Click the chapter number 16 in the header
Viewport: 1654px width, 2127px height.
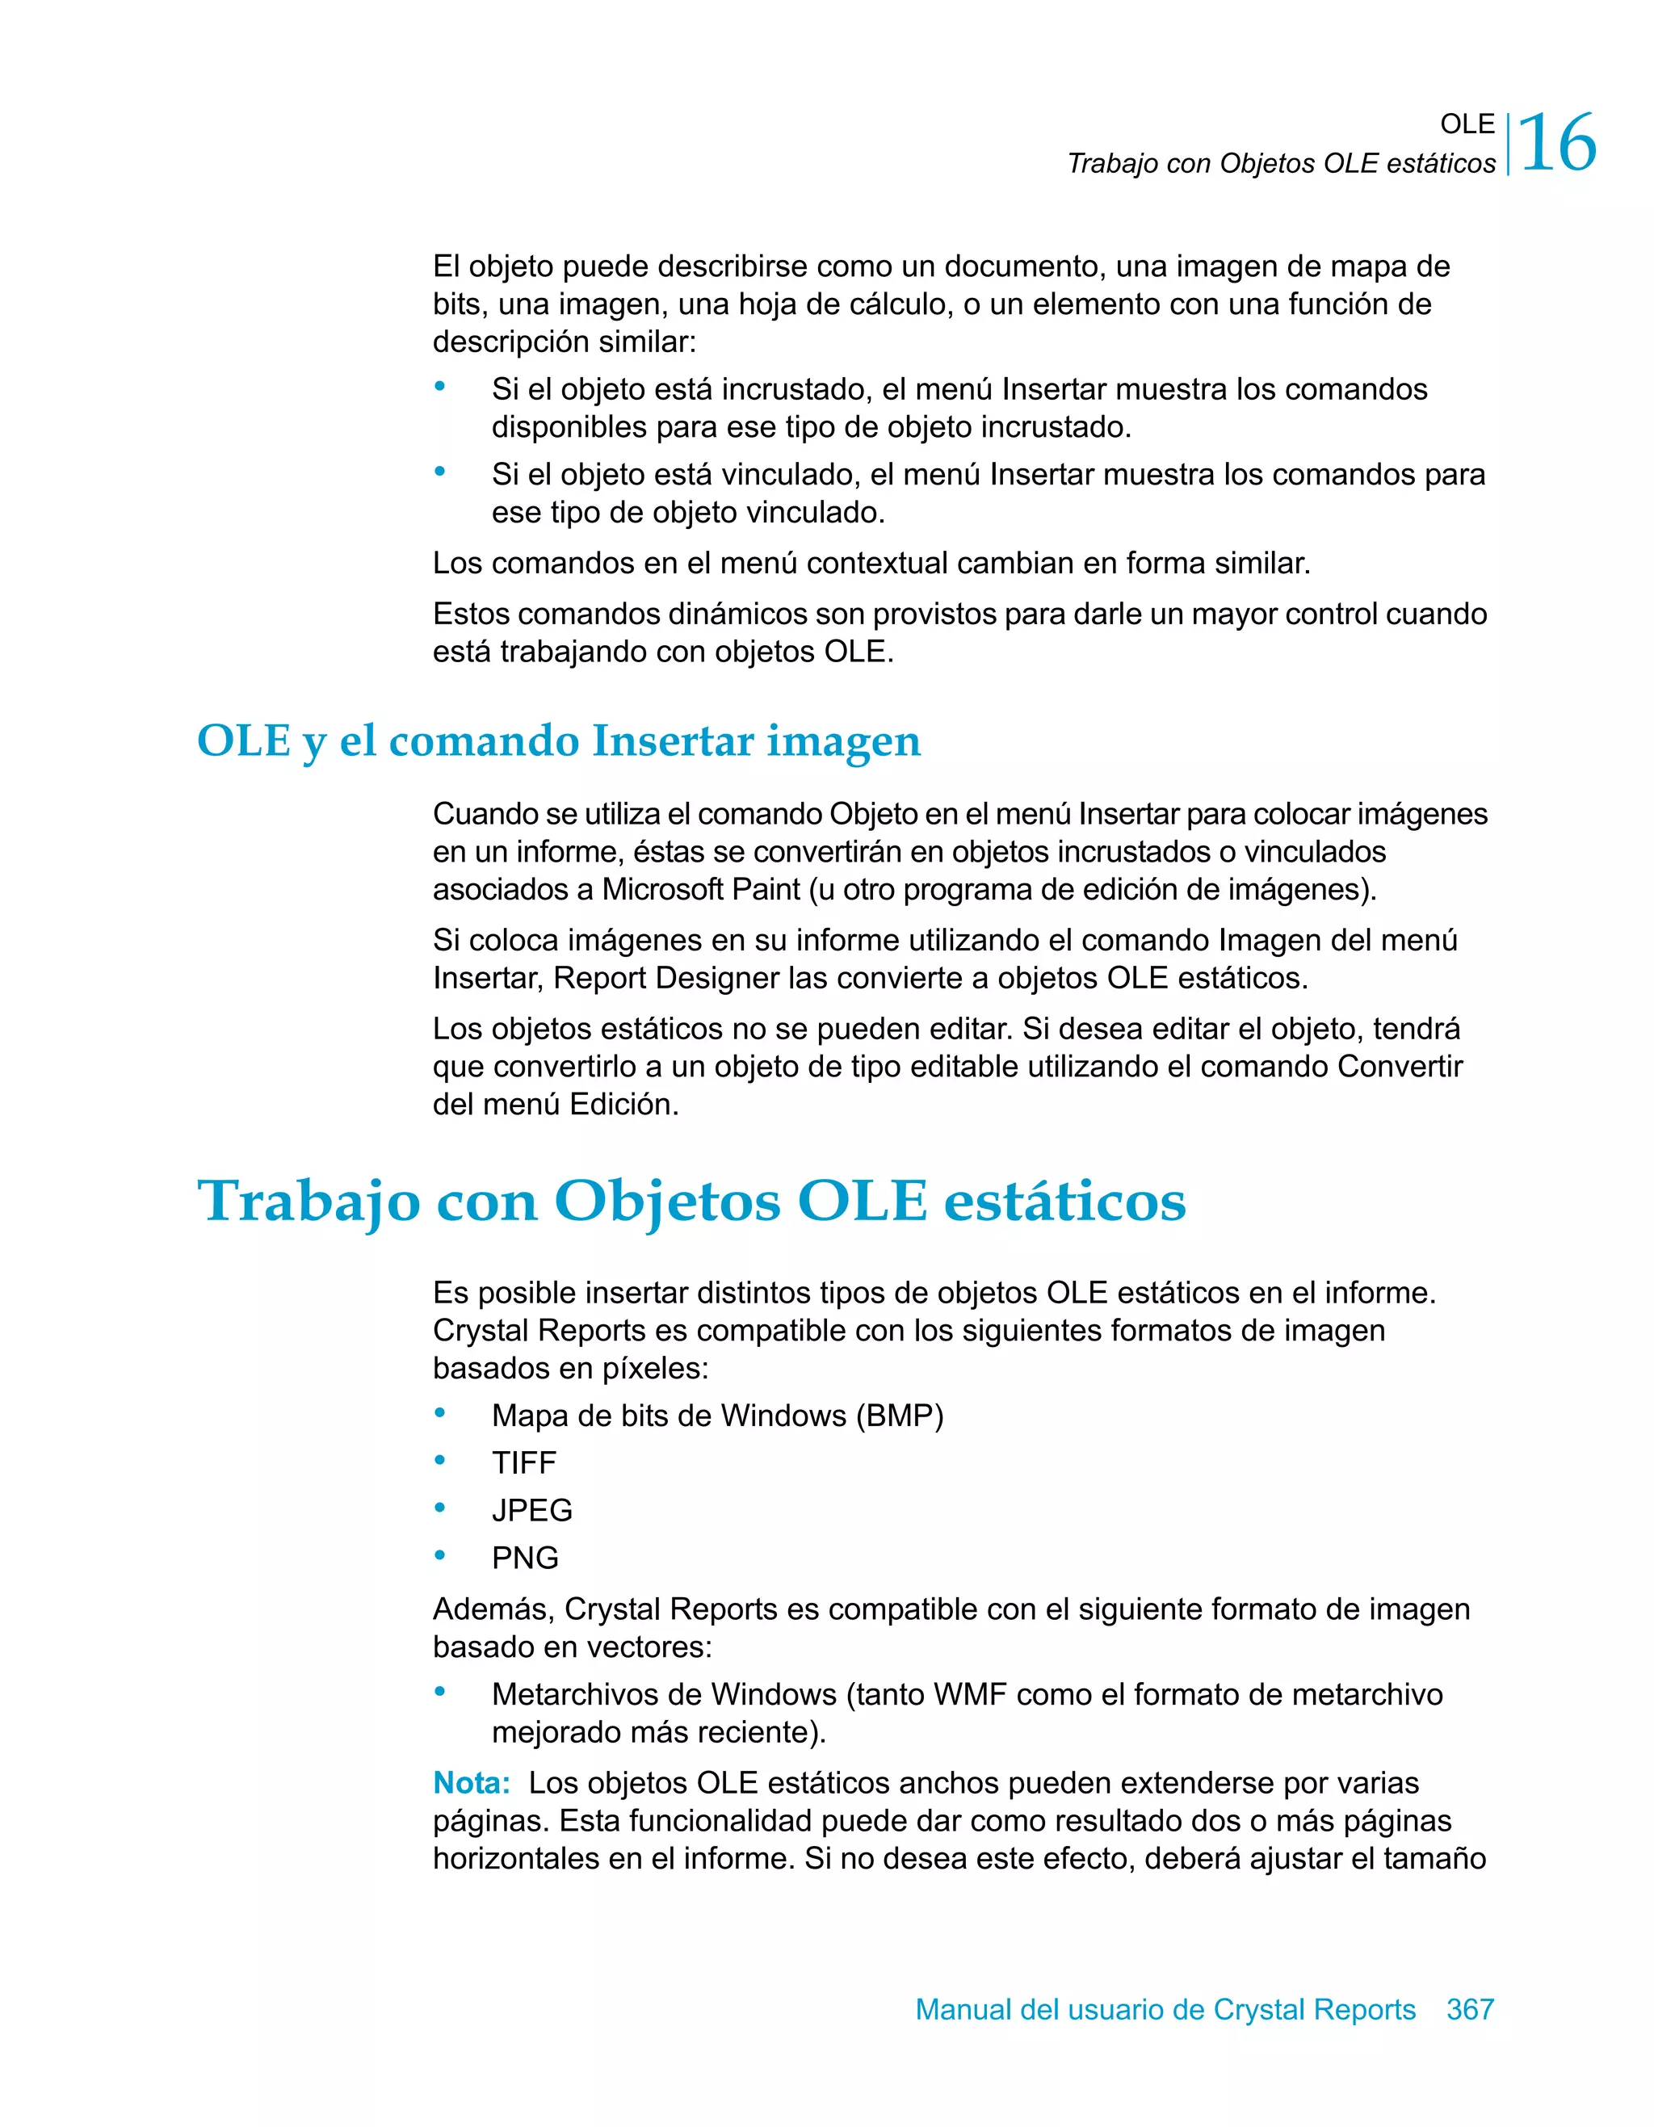coord(1558,144)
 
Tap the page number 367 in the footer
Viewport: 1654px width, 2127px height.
coord(1470,2008)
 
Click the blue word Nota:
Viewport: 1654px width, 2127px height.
coord(472,1782)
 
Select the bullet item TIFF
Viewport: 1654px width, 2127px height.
coord(524,1462)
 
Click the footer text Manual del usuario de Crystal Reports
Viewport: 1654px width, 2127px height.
coord(1165,2008)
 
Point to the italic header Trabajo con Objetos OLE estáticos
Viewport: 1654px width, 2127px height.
coord(1281,164)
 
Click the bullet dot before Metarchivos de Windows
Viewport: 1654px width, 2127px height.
coord(440,1692)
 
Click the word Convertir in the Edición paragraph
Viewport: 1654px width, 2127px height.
coord(1400,1067)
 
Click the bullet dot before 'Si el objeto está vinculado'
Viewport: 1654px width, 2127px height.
coord(440,472)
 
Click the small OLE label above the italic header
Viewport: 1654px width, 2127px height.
coord(1467,124)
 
